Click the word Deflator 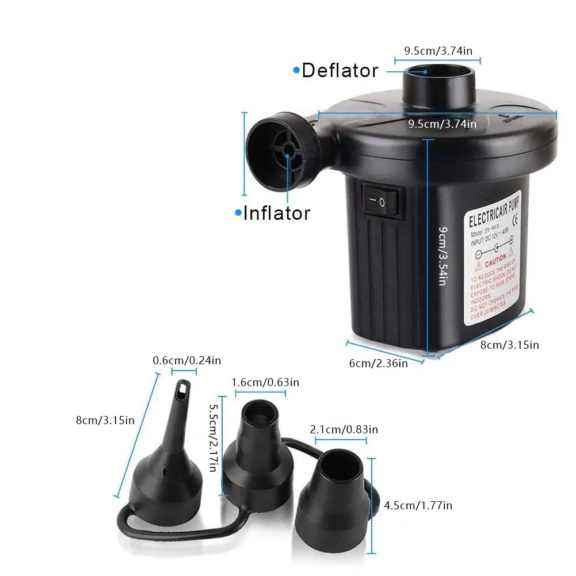tap(340, 70)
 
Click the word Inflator tap(277, 213)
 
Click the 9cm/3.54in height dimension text tap(441, 256)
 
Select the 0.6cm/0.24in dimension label tap(186, 361)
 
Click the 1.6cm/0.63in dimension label tap(265, 382)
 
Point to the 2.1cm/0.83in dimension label tap(344, 429)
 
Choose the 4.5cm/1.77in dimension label tap(418, 505)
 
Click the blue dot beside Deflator tap(296, 70)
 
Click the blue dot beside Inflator tap(238, 213)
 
